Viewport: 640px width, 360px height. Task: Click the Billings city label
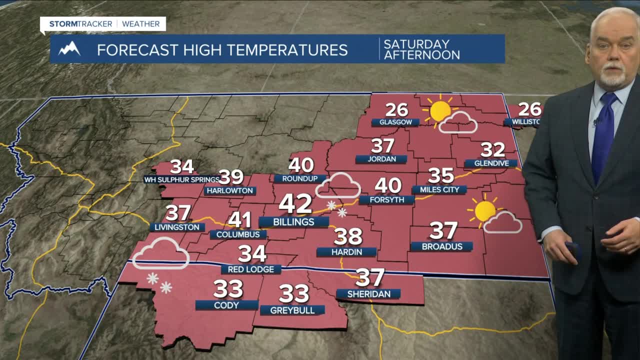294,222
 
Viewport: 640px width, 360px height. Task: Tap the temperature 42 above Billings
296,203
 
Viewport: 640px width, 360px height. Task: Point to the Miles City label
439,189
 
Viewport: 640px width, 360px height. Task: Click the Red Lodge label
251,269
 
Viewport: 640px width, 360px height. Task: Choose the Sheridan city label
368,294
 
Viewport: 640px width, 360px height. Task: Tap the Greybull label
292,310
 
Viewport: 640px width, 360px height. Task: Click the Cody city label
226,305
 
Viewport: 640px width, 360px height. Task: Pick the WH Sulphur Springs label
182,179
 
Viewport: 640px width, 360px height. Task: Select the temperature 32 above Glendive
492,149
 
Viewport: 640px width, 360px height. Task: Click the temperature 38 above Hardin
348,236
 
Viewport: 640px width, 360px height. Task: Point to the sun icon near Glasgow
439,110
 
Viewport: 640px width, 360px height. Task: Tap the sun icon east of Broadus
484,210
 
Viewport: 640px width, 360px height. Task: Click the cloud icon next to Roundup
339,185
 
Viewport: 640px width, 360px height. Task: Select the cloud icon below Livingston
160,253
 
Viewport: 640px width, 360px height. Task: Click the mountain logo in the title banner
69,49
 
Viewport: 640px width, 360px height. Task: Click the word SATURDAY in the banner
416,44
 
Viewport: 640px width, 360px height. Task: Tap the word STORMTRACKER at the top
80,23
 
